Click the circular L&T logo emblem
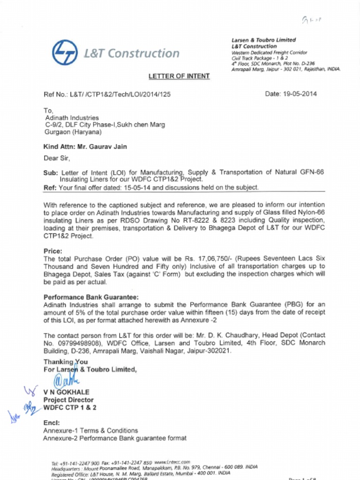[65, 52]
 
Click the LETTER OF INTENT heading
[179, 76]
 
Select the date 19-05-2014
[300, 94]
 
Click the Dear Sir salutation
[57, 158]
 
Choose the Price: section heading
[53, 251]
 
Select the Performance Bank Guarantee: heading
[91, 297]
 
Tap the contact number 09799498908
[73, 343]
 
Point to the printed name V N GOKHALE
[66, 392]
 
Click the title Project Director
[68, 400]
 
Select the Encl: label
[51, 423]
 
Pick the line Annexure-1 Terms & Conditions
[90, 430]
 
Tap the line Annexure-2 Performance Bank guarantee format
[115, 438]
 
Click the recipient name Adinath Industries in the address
[72, 118]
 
